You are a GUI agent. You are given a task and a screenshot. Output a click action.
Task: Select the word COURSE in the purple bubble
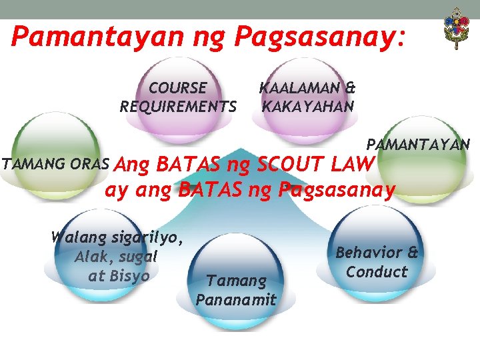click(177, 87)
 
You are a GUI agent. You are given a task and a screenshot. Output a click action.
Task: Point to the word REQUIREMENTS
click(178, 107)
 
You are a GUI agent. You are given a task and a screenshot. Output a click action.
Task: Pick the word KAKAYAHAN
click(308, 106)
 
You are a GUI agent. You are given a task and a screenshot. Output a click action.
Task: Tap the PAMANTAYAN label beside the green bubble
click(418, 144)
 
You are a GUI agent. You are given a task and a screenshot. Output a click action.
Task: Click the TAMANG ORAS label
click(55, 163)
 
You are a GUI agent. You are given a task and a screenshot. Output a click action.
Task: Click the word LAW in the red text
click(354, 163)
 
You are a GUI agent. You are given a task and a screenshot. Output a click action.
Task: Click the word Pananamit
click(236, 299)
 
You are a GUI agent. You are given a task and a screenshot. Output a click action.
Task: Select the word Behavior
click(369, 253)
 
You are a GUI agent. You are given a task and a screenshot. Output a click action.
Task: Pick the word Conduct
click(377, 271)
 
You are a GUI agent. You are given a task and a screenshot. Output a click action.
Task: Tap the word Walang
click(73, 237)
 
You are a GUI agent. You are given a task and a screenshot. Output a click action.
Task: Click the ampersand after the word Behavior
click(412, 253)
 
